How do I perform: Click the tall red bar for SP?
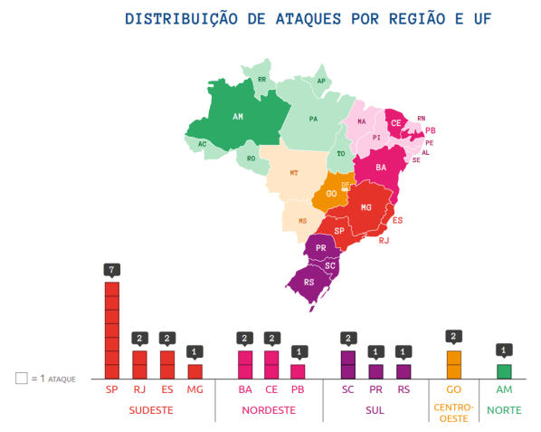(x=112, y=330)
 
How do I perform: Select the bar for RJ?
(x=139, y=364)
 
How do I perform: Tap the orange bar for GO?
(x=453, y=364)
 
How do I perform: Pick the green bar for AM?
(x=504, y=371)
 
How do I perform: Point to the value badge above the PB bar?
(x=298, y=351)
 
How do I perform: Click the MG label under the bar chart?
(x=195, y=389)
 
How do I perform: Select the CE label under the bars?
(x=271, y=389)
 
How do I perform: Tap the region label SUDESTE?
(x=151, y=410)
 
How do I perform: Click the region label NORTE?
(x=504, y=410)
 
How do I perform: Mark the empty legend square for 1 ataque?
(x=21, y=378)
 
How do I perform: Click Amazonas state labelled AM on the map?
(x=238, y=118)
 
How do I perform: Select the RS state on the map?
(x=309, y=282)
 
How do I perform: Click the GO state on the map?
(x=331, y=195)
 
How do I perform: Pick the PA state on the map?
(x=314, y=119)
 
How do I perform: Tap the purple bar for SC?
(x=348, y=364)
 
